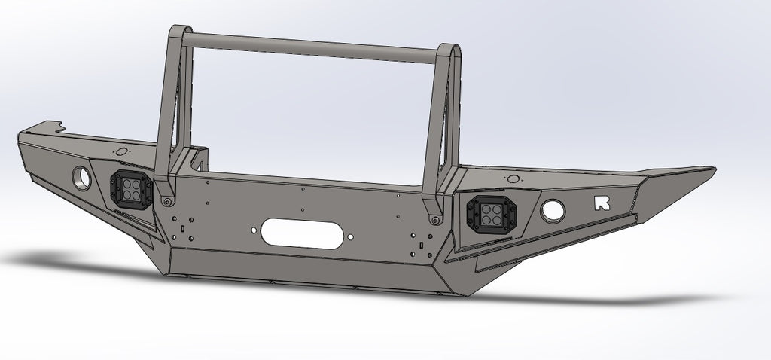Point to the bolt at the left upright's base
[x=166, y=202]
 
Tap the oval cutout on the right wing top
[x=513, y=178]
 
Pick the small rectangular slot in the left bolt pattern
[x=182, y=224]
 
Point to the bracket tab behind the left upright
[x=200, y=160]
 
